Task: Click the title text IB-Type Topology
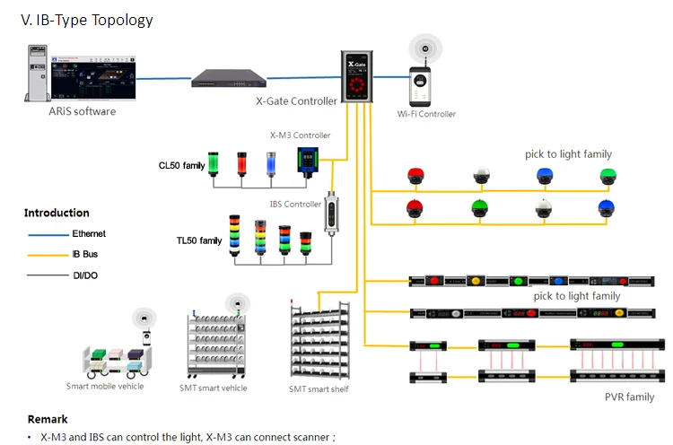[x=86, y=20]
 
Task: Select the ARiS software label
[x=82, y=111]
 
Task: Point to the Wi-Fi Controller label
[x=426, y=114]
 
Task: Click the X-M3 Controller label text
[x=300, y=135]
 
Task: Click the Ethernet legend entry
[x=89, y=234]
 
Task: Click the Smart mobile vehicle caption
[x=105, y=386]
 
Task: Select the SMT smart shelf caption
[x=319, y=388]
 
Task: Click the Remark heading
[x=47, y=419]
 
